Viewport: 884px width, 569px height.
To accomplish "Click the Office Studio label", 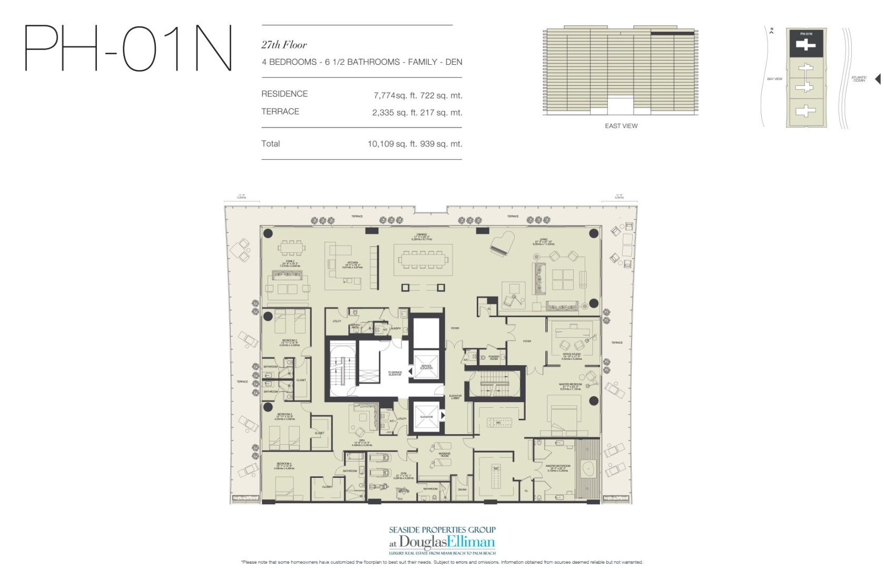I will point(571,357).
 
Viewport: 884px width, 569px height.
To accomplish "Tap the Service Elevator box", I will point(426,365).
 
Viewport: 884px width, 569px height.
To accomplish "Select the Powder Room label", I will point(494,357).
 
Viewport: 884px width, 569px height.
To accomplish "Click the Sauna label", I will point(462,489).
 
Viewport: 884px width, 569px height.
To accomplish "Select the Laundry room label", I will point(396,328).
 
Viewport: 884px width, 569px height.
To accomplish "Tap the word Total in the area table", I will point(270,143).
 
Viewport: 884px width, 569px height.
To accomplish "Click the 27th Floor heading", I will point(284,45).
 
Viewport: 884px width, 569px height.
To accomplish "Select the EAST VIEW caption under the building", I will point(621,126).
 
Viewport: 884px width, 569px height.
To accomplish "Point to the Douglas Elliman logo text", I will point(447,542).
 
